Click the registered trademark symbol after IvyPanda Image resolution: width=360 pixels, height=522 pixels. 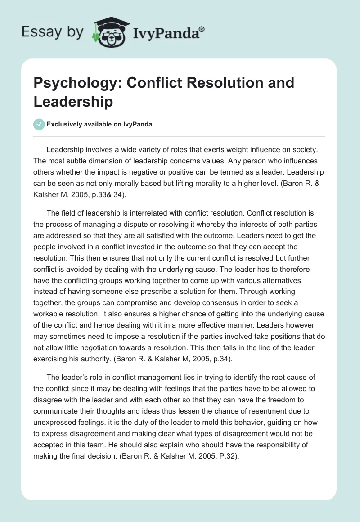(202, 28)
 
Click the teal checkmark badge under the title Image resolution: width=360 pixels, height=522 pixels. (39, 124)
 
